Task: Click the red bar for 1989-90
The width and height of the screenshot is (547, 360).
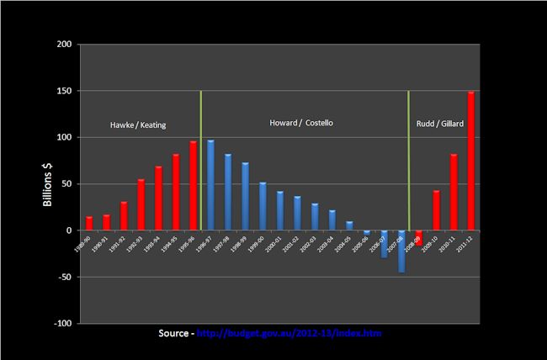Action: [89, 223]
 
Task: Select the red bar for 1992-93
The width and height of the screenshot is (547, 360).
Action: [141, 204]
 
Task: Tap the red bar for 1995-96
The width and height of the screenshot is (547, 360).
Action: [193, 185]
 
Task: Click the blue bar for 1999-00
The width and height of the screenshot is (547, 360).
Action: [263, 206]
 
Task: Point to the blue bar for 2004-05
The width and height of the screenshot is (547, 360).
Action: [349, 225]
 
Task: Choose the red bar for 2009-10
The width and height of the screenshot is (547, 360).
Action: [436, 210]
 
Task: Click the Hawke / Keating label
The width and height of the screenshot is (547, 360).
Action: [138, 125]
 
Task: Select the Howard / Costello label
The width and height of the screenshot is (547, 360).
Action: [301, 124]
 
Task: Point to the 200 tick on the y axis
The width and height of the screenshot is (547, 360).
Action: [63, 45]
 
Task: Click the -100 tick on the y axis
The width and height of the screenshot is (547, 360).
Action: [61, 323]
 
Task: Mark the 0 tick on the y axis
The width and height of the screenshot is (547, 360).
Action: [69, 230]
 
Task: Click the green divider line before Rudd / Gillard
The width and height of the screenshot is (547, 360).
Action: [408, 160]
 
